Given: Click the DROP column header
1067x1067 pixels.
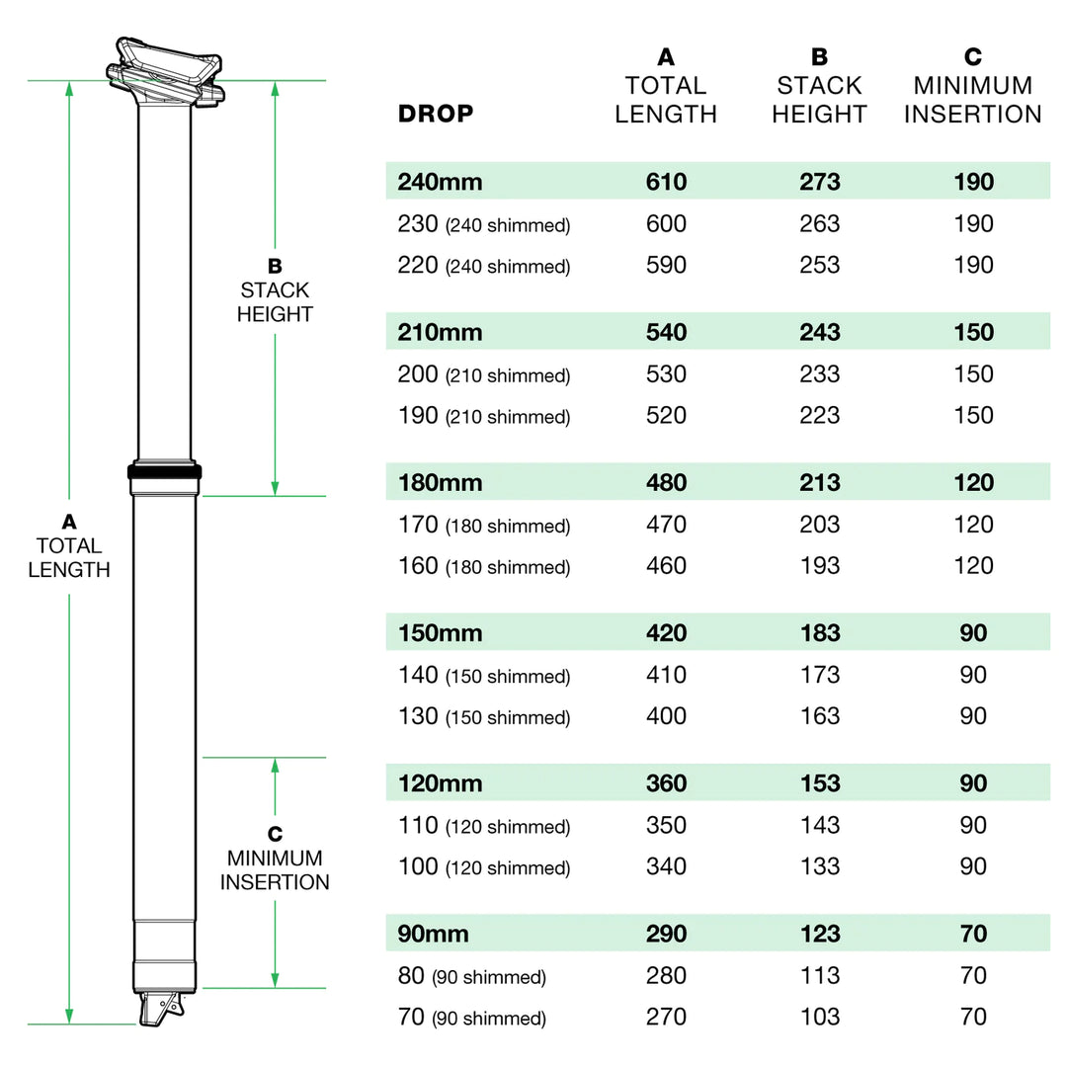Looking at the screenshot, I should (436, 114).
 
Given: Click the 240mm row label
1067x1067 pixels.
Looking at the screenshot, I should (440, 182).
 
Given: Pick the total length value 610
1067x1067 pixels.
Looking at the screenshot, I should (666, 182).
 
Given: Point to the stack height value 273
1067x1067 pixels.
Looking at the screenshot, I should (820, 182).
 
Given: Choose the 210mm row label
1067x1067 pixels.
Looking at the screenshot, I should (440, 333).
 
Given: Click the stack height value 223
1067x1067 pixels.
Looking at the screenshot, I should (820, 416).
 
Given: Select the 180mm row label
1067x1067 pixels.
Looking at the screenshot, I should (440, 483).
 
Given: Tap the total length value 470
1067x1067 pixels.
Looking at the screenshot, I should (666, 525).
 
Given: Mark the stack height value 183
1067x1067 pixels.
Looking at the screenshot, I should (820, 633).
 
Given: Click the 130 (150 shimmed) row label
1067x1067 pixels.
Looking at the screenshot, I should (484, 717).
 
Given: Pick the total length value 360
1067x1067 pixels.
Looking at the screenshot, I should (666, 783).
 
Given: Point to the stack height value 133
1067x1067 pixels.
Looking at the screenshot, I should (820, 866).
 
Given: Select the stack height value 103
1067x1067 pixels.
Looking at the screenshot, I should (820, 1017).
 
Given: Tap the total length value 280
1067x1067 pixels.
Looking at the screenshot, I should (666, 975).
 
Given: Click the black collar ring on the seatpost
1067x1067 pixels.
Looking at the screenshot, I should (165, 472).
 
